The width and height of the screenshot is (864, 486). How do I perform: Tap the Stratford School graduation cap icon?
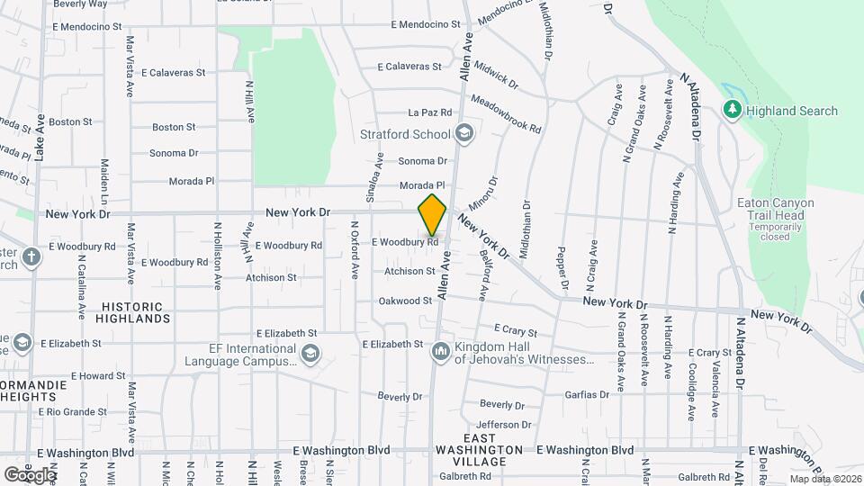click(464, 135)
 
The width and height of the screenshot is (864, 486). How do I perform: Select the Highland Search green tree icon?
click(733, 111)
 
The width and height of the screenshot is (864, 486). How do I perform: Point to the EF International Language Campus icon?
click(310, 352)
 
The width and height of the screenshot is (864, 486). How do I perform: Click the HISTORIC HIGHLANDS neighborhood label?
click(136, 312)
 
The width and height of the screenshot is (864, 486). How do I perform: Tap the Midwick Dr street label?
click(496, 74)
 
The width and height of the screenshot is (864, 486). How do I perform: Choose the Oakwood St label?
click(405, 301)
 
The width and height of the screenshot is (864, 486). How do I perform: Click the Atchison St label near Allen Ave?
click(409, 271)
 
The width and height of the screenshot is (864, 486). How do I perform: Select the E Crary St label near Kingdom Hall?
click(515, 331)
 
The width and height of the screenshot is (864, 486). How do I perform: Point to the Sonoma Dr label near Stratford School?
click(422, 161)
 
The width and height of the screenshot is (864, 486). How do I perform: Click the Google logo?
click(30, 474)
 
